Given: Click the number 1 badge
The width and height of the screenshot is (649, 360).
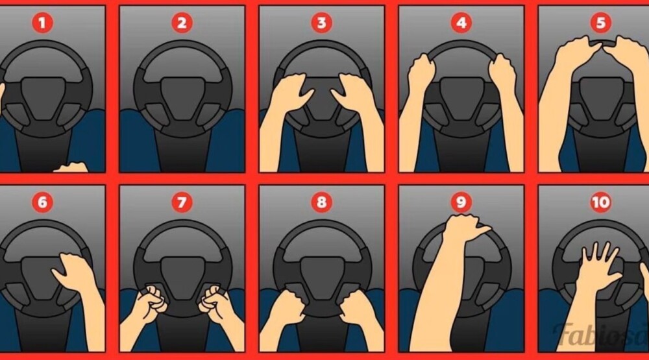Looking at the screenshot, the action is (x=42, y=22).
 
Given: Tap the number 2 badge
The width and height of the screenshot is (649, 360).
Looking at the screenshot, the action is (x=182, y=22).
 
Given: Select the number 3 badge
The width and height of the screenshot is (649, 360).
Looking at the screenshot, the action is (x=322, y=22).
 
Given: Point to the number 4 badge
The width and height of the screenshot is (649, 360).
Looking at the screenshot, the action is (x=461, y=22).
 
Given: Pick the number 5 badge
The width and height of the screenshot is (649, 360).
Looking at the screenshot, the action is (x=600, y=22).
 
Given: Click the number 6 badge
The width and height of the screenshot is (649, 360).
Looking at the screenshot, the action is (x=42, y=202).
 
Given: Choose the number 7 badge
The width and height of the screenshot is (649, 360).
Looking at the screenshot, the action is (x=182, y=202).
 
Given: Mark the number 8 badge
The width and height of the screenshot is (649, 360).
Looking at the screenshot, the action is (x=322, y=202).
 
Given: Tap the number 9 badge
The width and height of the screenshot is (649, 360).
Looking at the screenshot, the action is (x=461, y=202).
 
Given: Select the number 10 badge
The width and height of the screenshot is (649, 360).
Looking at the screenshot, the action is (x=600, y=202).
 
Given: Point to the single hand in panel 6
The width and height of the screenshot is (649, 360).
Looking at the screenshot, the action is (x=75, y=273).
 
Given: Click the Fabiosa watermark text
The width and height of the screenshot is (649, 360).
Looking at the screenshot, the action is (x=601, y=333).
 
